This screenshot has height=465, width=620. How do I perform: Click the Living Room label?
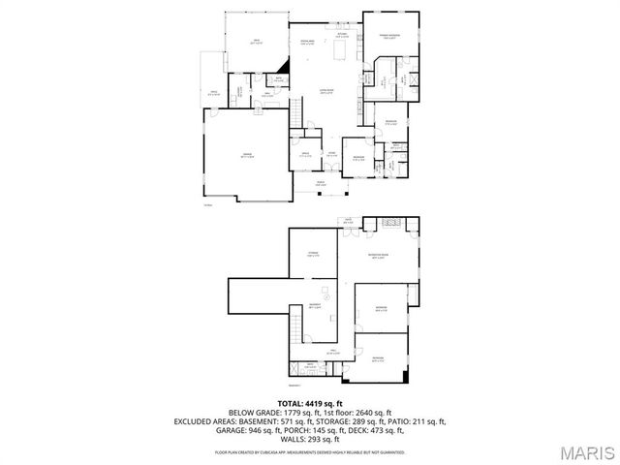coord(328,93)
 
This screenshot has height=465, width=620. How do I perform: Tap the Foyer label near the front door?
coord(330,154)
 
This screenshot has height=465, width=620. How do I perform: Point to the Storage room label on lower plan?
coord(313,255)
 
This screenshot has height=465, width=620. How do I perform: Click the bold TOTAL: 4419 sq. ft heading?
coord(309,402)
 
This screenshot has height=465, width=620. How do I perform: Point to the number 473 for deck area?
coord(391,431)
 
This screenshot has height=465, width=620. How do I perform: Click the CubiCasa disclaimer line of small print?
coord(309,451)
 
